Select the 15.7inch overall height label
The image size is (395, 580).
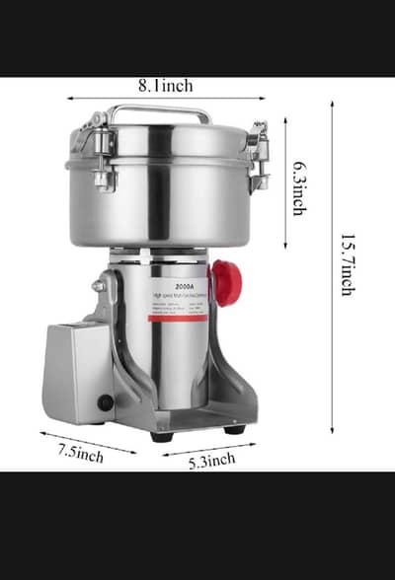pyautogui.click(x=347, y=263)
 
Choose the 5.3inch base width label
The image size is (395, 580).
pyautogui.click(x=211, y=459)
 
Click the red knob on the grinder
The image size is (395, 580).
pyautogui.click(x=227, y=283)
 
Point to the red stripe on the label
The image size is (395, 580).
pyautogui.click(x=178, y=317)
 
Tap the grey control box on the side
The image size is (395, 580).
pyautogui.click(x=75, y=370)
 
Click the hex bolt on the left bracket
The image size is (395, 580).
pyautogui.click(x=99, y=286)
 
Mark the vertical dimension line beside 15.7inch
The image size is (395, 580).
pyautogui.click(x=332, y=266)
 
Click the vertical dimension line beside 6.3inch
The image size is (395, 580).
pyautogui.click(x=285, y=182)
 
